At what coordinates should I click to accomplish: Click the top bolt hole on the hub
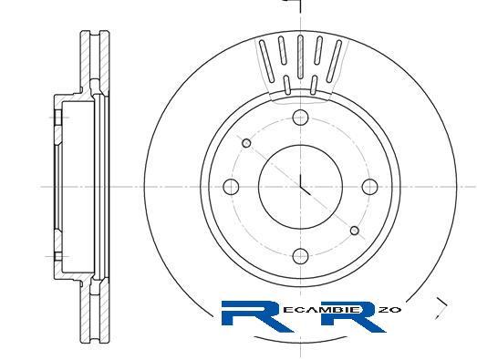300,118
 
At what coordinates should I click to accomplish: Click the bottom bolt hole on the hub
300,256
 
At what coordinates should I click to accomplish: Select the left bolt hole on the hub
231,187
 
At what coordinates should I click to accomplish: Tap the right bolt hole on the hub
370,187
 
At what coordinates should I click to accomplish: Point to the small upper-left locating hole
246,143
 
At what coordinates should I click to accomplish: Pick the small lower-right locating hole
355,231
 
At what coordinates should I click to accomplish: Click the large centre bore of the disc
300,187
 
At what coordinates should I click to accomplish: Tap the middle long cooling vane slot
300,57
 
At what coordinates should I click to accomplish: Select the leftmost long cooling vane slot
267,61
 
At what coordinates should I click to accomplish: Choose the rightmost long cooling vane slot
334,61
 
